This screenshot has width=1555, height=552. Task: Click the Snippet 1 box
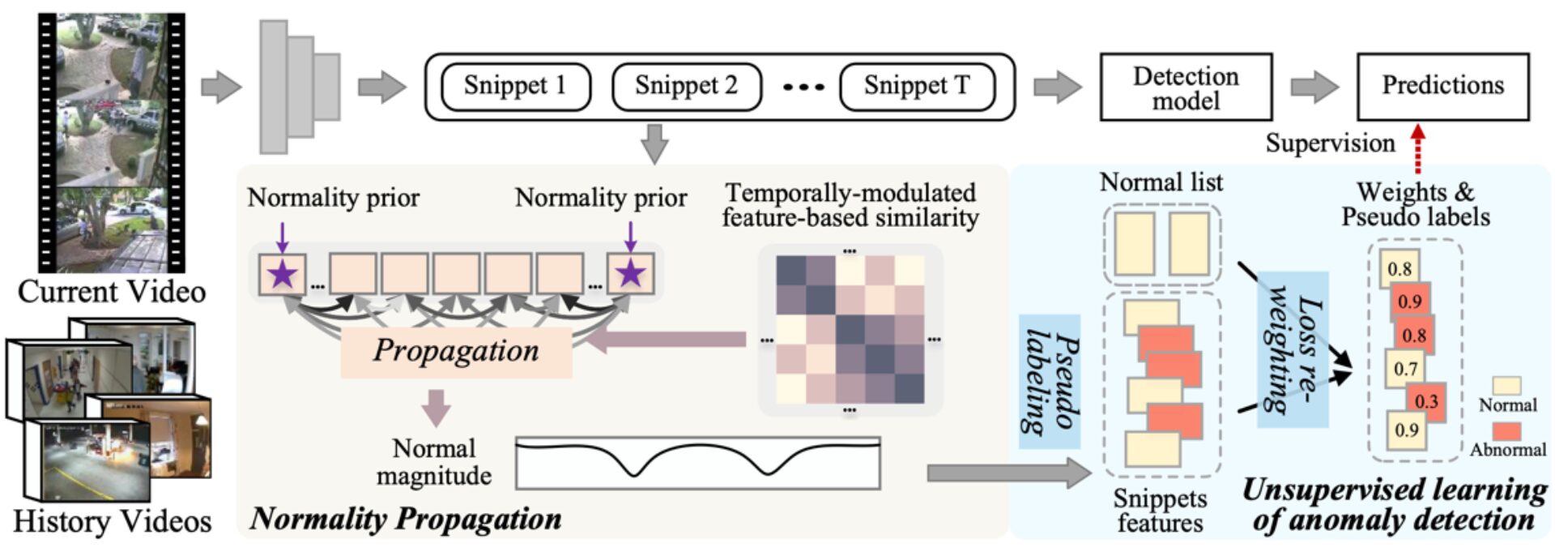pyautogui.click(x=515, y=87)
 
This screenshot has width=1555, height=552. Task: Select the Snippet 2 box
pyautogui.click(x=686, y=87)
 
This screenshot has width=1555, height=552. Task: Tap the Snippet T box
pyautogui.click(x=916, y=87)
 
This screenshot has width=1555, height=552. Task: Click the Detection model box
pyautogui.click(x=1185, y=88)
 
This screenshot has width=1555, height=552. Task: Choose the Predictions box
pyautogui.click(x=1442, y=86)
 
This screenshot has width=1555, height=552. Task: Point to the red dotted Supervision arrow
pyautogui.click(x=1417, y=149)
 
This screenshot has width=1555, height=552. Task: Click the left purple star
pyautogui.click(x=282, y=274)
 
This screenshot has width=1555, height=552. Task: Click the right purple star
pyautogui.click(x=630, y=274)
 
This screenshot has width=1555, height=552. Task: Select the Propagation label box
pyautogui.click(x=456, y=351)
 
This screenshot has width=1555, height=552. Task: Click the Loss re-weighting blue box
pyautogui.click(x=1292, y=349)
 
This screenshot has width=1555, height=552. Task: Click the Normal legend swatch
pyautogui.click(x=1505, y=385)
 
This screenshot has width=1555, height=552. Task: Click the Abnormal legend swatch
pyautogui.click(x=1505, y=430)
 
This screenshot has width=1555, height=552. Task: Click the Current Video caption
pyautogui.click(x=112, y=292)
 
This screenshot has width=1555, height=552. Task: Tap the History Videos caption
pyautogui.click(x=112, y=520)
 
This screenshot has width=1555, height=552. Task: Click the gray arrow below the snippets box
pyautogui.click(x=654, y=143)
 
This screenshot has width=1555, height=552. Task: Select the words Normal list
pyautogui.click(x=1161, y=183)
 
